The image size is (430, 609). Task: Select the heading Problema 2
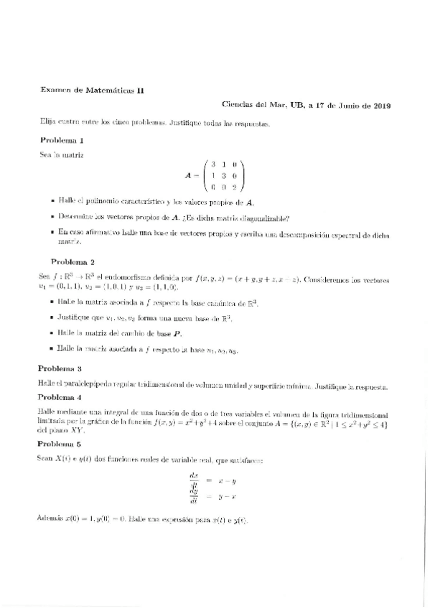tap(73, 261)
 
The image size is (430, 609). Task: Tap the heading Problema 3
tap(61, 368)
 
